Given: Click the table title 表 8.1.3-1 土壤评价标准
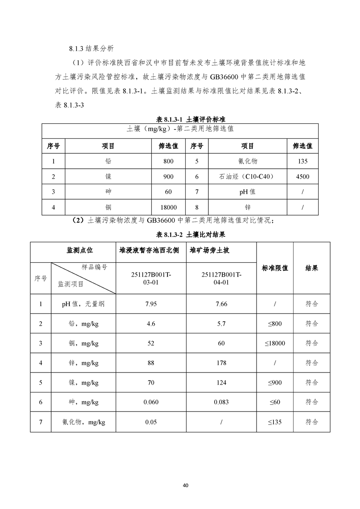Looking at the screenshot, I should (191, 119).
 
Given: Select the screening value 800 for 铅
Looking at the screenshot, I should (168, 162).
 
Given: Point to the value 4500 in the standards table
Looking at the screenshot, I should (302, 176).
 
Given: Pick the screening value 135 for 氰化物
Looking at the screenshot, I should (302, 162).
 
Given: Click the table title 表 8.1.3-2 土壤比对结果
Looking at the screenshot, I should (191, 235).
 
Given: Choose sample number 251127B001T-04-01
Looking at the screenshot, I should (221, 279).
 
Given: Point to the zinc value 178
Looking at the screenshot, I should (221, 363).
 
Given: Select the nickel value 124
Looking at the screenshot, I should (221, 382).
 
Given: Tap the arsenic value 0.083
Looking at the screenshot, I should (221, 402).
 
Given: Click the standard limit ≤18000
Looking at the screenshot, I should (275, 343).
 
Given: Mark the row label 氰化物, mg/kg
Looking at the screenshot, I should (84, 422).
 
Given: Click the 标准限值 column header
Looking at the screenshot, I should (275, 268).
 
